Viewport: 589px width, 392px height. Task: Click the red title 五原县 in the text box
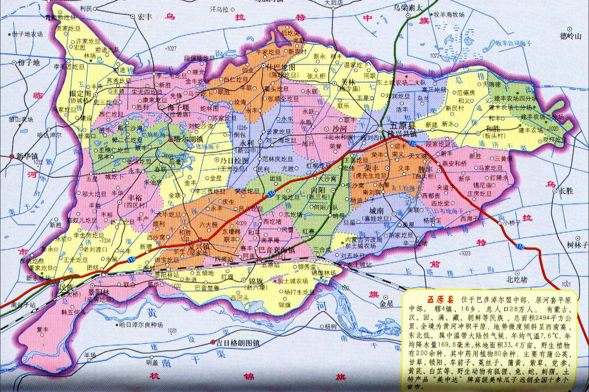[x=440, y=300]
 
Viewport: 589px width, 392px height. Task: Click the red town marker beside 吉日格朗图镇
[x=213, y=342]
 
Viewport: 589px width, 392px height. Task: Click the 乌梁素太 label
[x=408, y=7]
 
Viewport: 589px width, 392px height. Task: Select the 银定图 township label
[x=81, y=94]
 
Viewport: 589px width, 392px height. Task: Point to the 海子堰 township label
[x=179, y=107]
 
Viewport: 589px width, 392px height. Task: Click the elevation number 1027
[x=171, y=48]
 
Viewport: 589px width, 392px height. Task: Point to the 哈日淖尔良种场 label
[x=141, y=325]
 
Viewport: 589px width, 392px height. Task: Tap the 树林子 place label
[x=577, y=245]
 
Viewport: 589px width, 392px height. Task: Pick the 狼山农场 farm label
[x=21, y=119]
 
